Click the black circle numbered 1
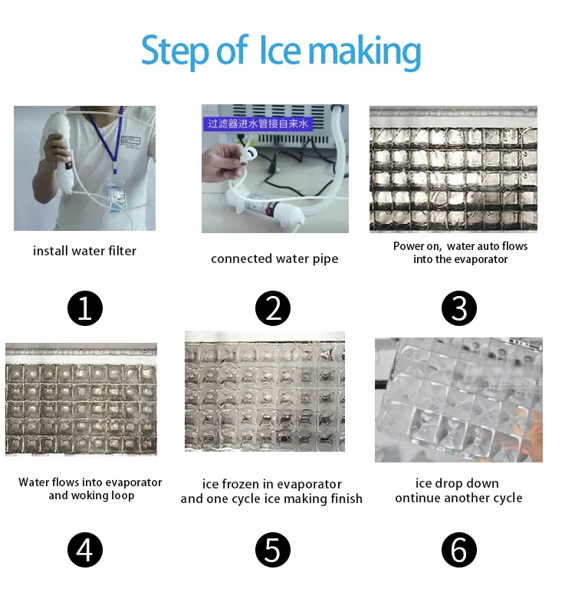tap(85, 308)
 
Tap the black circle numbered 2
tap(273, 308)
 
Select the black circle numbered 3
tap(459, 308)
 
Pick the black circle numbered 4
tap(85, 550)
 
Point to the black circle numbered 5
tap(273, 550)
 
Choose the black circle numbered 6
tap(459, 550)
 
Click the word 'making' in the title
tap(365, 53)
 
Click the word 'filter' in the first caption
tap(123, 251)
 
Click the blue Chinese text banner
tap(258, 123)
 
